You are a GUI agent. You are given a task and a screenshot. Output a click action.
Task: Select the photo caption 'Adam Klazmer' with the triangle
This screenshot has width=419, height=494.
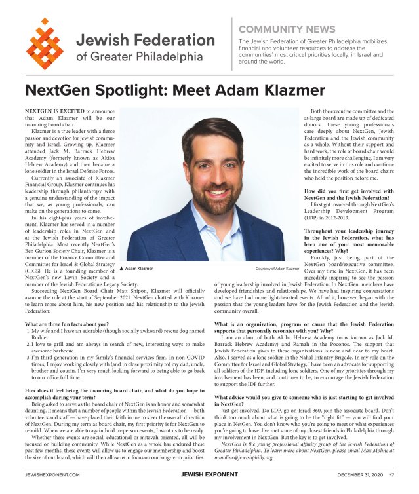click(x=136, y=269)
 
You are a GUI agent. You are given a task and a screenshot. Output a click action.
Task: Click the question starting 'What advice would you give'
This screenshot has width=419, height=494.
click(x=304, y=397)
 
